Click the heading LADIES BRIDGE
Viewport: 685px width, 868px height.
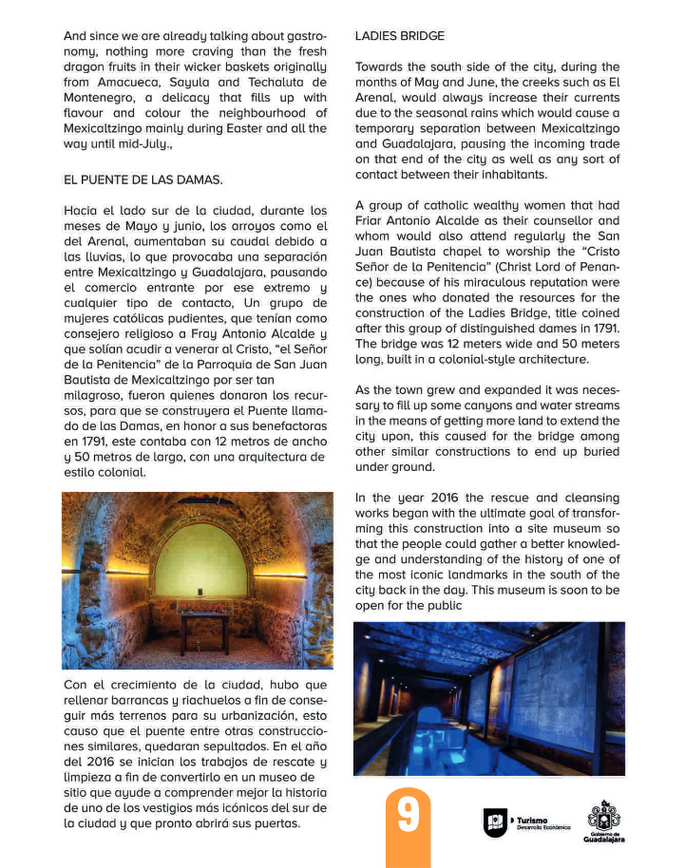[399, 36]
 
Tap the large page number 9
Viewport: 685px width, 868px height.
[409, 816]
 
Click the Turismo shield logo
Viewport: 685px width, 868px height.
[495, 822]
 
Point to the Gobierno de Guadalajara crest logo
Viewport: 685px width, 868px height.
[604, 818]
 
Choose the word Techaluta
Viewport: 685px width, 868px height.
[282, 83]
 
